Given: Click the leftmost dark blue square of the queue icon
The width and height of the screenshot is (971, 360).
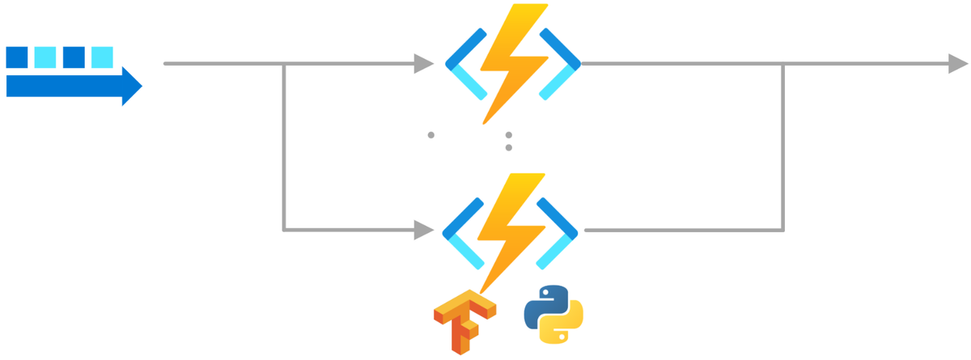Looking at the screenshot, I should pos(17,57).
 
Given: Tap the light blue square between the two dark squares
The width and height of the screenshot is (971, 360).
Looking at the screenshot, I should pos(45,57).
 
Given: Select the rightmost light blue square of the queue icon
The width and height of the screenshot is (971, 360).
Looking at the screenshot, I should pos(102,57).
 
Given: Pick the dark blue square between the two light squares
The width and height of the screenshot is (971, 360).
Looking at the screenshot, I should pos(74,57).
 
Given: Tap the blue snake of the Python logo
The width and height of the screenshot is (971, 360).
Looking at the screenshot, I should pos(545,306).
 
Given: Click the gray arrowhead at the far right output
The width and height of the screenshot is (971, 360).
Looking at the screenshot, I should pos(958,63).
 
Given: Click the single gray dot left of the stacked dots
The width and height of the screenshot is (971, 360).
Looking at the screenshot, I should pos(431,135).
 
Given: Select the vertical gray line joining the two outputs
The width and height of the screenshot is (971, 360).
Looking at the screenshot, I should pos(783,146).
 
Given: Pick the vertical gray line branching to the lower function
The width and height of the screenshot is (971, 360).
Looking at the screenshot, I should pos(284,146).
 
